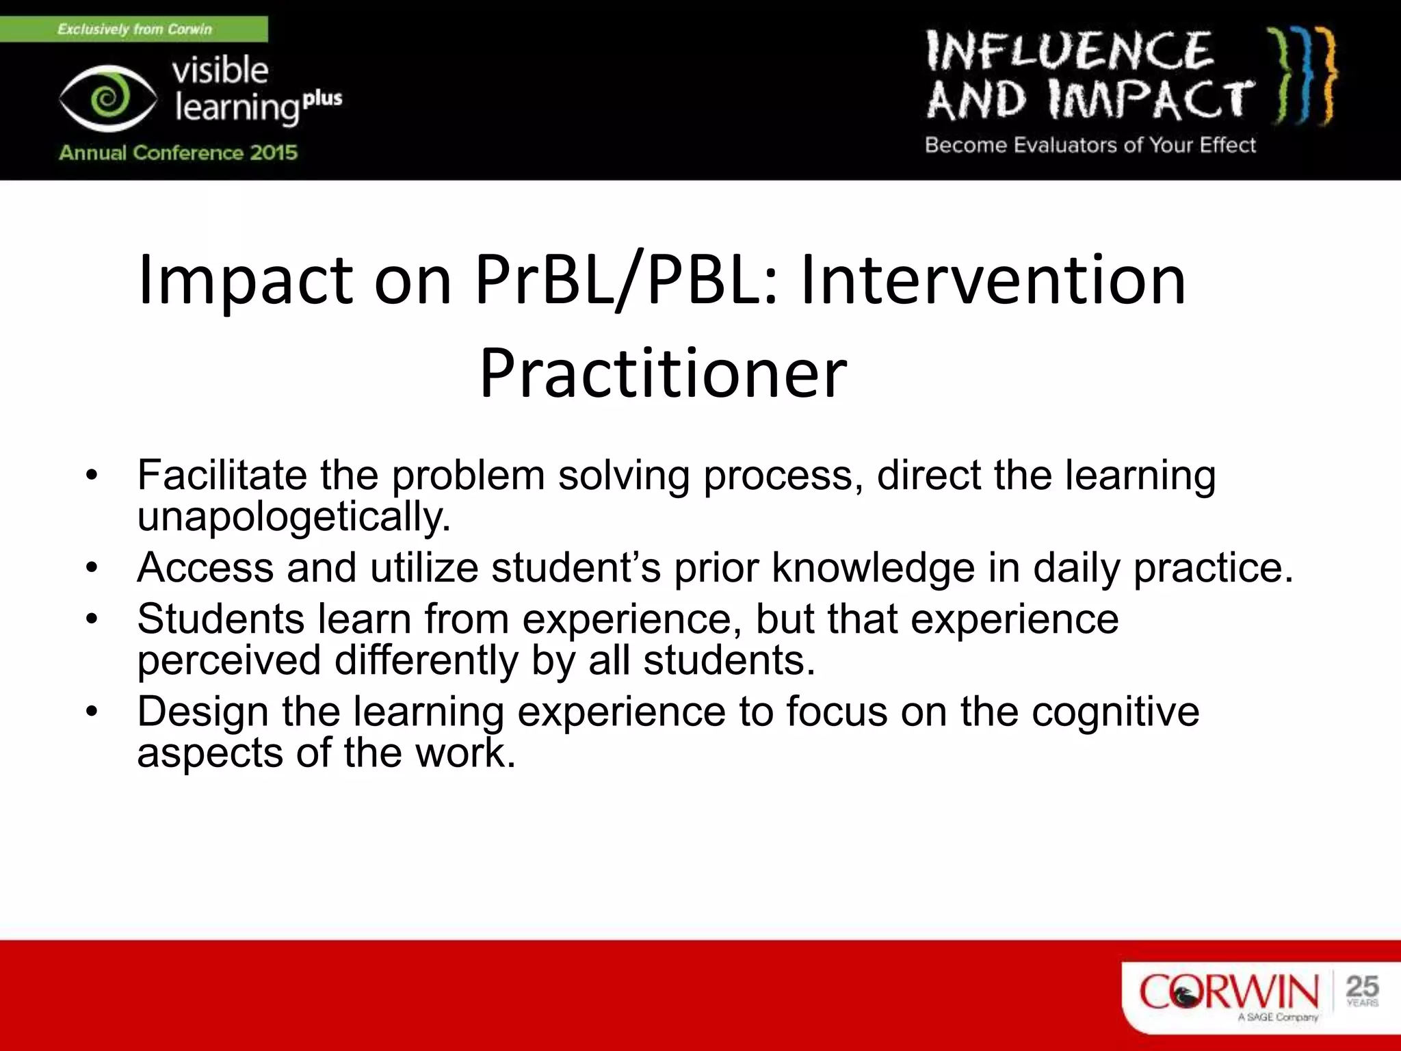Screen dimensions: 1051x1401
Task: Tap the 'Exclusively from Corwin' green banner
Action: coord(134,29)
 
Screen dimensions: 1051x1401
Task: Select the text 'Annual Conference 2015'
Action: coord(178,152)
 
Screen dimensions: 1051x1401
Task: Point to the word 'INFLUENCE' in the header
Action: coord(1069,51)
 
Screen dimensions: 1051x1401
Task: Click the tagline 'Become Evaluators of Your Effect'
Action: coord(1090,145)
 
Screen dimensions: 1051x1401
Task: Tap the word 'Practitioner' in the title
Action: coord(662,374)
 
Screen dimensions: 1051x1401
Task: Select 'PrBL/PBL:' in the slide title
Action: coord(626,281)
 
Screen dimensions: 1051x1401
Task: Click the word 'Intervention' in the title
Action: coord(993,281)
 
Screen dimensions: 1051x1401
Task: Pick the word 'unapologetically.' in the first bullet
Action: coord(294,517)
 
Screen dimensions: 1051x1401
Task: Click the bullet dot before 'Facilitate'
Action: coord(92,475)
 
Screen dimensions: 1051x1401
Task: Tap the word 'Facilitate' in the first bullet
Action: coord(222,475)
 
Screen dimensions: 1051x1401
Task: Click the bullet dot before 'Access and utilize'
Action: coord(92,568)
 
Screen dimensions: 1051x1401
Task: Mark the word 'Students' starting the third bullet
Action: coord(220,619)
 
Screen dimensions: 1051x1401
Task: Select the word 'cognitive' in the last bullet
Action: coord(1115,712)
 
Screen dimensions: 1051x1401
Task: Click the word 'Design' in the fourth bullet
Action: coord(202,712)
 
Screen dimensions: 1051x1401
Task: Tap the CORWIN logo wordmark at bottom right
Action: coord(1229,991)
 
